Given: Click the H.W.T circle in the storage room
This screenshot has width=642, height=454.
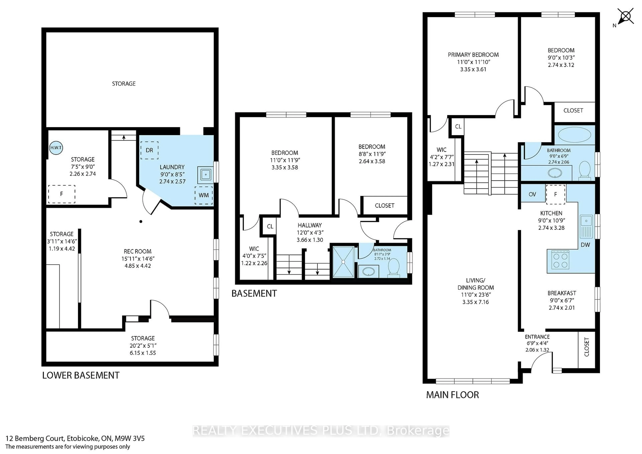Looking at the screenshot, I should point(56,148).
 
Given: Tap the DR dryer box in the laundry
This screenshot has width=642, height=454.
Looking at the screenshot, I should point(149,150).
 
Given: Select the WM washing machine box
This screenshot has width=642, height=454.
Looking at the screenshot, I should point(204,195).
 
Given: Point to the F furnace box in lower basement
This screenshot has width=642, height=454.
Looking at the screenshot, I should point(62,194).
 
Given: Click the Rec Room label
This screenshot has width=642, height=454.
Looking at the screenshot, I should point(138,251).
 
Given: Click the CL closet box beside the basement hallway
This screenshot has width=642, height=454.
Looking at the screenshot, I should point(270,226).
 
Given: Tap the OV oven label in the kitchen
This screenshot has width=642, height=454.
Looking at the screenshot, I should point(532,194).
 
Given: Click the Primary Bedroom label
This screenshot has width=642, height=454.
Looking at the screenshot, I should point(473,55).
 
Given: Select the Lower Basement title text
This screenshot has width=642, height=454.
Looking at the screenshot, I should point(81,375).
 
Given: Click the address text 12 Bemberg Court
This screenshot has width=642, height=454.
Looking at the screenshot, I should point(75,438).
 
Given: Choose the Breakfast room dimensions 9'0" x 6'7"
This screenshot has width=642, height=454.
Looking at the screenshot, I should point(561,300).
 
